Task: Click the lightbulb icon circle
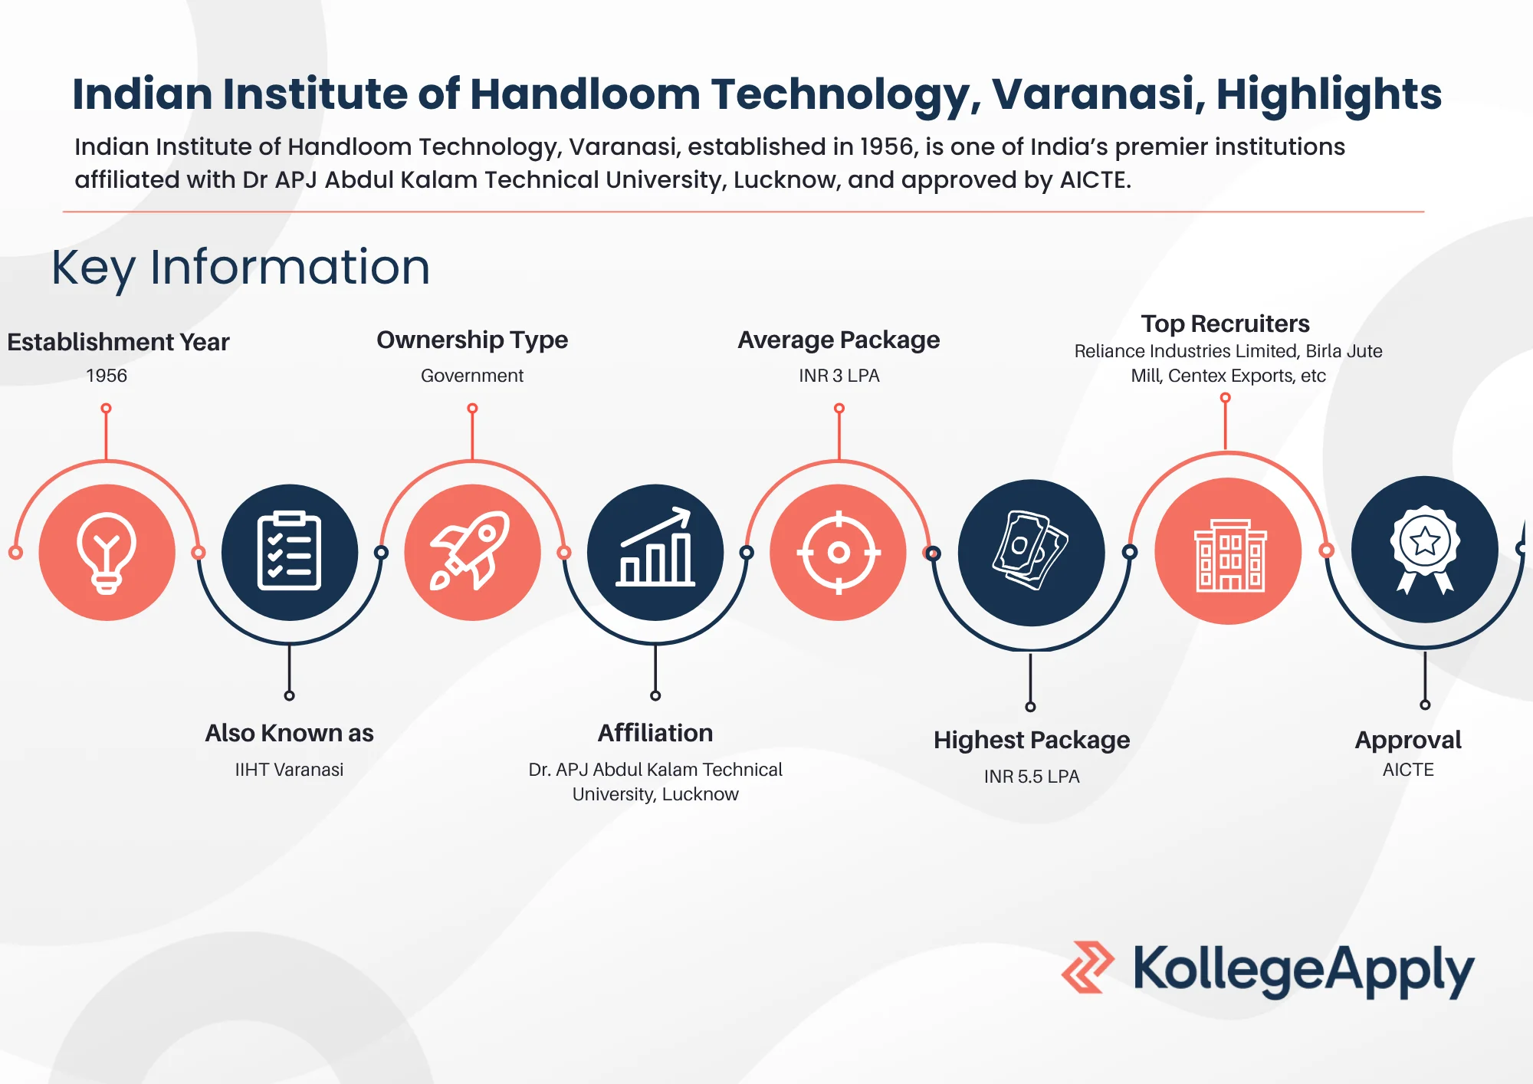pos(107,552)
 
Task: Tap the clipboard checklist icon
pos(289,552)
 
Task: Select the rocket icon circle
pos(472,552)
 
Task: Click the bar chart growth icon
pos(655,552)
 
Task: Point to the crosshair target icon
pos(839,552)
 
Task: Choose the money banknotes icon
pos(1031,552)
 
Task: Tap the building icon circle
pos(1228,552)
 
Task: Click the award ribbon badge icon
pos(1424,550)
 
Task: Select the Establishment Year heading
pos(118,342)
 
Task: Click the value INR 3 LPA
pos(839,376)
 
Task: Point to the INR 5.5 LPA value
pos(1031,777)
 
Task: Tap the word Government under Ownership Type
pos(472,376)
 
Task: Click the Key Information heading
pos(241,268)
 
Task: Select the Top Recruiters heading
pos(1225,324)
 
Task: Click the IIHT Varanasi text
pos(289,770)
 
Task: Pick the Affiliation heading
pos(655,733)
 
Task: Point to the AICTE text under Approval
pos(1408,770)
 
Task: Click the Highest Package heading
pos(1031,740)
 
